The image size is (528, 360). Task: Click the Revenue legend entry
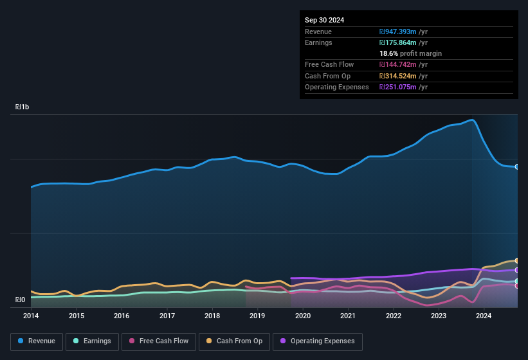37,341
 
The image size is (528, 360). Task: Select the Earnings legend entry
93,341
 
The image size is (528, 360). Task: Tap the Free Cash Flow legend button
158,341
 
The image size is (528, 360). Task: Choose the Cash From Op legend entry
234,341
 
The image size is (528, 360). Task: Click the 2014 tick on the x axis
31,316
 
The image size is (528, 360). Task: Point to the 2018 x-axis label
212,316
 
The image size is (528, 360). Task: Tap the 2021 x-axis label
348,316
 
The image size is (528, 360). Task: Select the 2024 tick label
484,316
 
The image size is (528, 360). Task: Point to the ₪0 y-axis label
20,300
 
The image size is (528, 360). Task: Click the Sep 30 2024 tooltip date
324,20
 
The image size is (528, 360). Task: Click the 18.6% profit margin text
410,53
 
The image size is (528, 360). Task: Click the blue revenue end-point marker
517,167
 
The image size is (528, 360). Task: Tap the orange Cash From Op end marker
517,260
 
